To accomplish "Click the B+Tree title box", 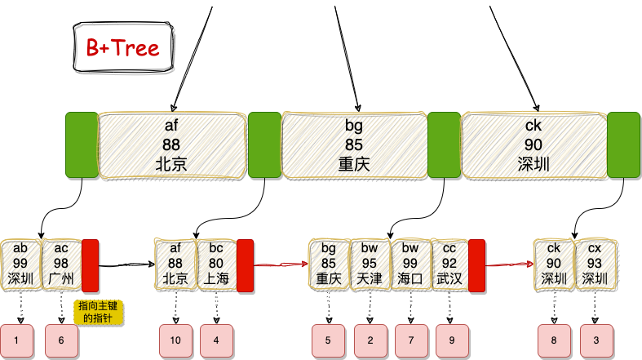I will pos(123,48).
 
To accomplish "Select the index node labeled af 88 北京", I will pos(171,144).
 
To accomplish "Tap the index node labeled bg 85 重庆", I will pos(354,144).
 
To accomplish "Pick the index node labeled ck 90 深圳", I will pos(534,144).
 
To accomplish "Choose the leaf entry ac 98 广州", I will pos(61,264).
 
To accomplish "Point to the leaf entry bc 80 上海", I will pos(215,264).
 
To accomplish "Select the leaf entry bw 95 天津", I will pos(370,264).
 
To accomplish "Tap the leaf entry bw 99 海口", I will pos(410,264).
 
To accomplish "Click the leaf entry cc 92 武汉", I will pos(449,264).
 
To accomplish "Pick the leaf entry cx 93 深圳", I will pos(595,264).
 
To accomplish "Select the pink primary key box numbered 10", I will pos(175,339).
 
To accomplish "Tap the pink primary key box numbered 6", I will pos(61,339).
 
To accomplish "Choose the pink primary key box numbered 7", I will pos(411,339).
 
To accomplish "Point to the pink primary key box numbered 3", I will pos(596,339).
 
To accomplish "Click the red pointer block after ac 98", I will pos(91,264).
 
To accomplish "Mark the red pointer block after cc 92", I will pos(477,264).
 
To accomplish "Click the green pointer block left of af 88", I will pos(82,144).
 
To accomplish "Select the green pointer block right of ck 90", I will pos(624,144).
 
